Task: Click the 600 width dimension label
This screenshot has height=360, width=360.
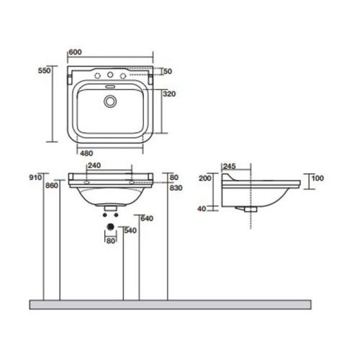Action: pyautogui.click(x=75, y=52)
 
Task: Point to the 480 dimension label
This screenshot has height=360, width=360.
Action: pyautogui.click(x=87, y=153)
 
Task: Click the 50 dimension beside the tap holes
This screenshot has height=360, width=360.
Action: pyautogui.click(x=168, y=71)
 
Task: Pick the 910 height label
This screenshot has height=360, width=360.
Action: pyautogui.click(x=33, y=176)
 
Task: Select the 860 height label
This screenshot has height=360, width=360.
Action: pyautogui.click(x=51, y=186)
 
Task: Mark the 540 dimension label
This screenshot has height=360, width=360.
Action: pyautogui.click(x=131, y=231)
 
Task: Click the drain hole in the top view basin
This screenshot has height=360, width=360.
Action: pyautogui.click(x=110, y=102)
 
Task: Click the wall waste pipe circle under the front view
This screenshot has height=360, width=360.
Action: pyautogui.click(x=110, y=228)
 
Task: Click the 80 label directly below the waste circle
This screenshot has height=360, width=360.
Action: pyautogui.click(x=110, y=240)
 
